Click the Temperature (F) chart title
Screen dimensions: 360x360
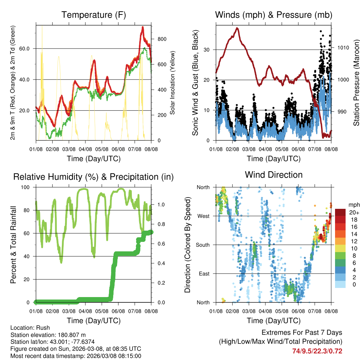94,15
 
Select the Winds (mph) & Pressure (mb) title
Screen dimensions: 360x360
274,15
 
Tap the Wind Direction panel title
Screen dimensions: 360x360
274,175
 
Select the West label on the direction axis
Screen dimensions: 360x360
203,216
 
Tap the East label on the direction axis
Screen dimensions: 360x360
204,274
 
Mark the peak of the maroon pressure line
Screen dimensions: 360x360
237,28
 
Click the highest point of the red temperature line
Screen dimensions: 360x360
143,27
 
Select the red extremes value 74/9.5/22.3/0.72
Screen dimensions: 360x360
317,351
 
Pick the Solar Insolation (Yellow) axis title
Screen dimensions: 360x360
173,83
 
